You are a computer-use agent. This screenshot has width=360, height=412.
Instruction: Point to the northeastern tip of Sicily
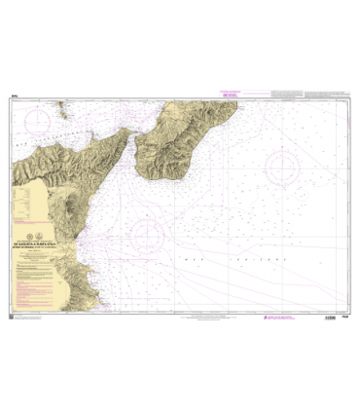pos(126,134)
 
